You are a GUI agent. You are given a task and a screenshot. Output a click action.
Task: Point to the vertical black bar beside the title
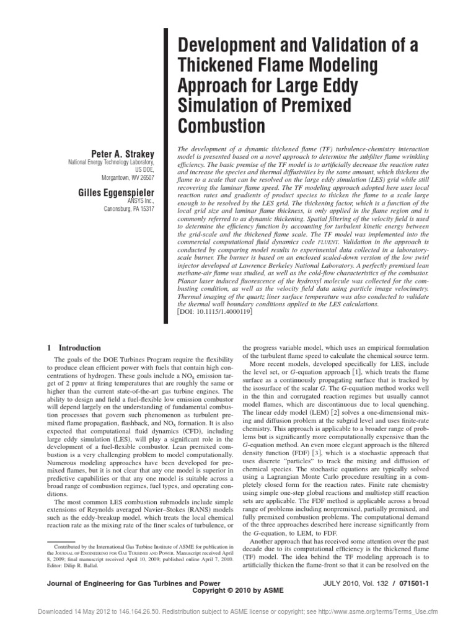point(165,174)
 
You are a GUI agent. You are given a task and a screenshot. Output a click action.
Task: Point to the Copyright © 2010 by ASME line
point(238,590)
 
